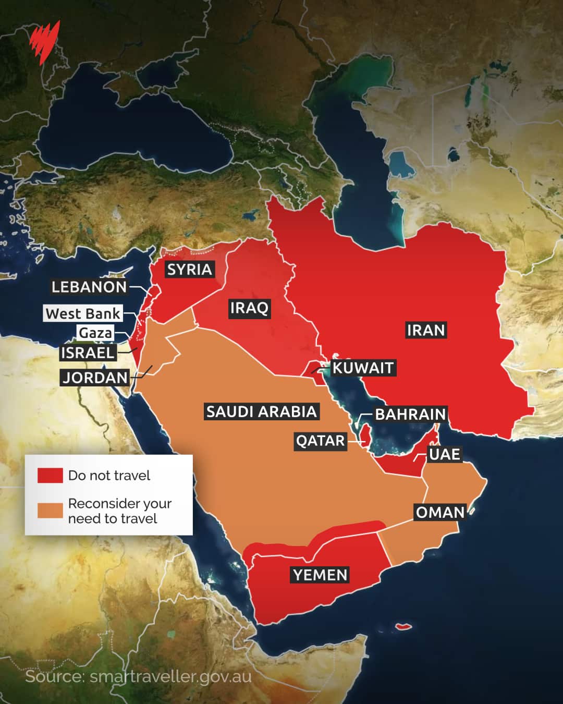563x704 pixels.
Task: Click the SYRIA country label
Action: click(x=189, y=270)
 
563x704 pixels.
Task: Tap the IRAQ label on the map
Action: click(x=249, y=308)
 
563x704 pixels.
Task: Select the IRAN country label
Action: click(x=425, y=330)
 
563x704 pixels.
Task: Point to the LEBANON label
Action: click(x=89, y=287)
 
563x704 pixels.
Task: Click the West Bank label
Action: click(x=83, y=313)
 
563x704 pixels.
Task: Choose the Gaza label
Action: click(x=95, y=333)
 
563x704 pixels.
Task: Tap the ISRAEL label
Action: click(x=87, y=353)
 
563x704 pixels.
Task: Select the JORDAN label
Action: click(x=95, y=378)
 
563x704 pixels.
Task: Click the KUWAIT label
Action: click(x=363, y=368)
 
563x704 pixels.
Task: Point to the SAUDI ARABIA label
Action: click(x=261, y=411)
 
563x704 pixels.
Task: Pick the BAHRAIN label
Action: click(x=410, y=415)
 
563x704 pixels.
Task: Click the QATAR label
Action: click(x=320, y=441)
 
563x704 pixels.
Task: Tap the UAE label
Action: click(x=444, y=454)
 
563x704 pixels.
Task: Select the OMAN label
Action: click(x=440, y=512)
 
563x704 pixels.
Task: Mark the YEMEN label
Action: click(x=320, y=575)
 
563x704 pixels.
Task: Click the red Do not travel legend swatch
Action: click(x=50, y=476)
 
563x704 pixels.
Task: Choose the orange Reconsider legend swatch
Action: click(x=50, y=511)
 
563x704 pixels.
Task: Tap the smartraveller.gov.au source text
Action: click(x=138, y=677)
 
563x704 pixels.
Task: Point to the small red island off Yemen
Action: click(x=401, y=626)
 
